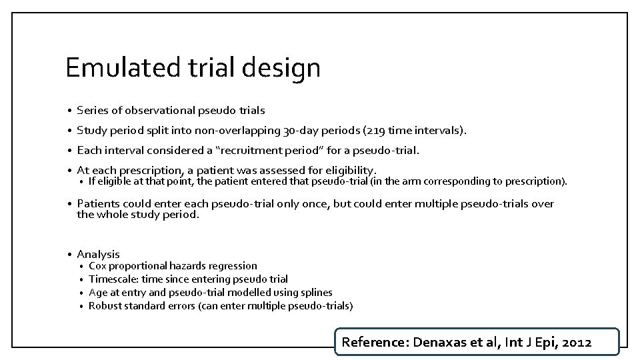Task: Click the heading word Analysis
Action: pos(99,254)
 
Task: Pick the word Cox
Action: pos(97,266)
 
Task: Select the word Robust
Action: pos(104,306)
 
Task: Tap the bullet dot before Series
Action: pos(69,111)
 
